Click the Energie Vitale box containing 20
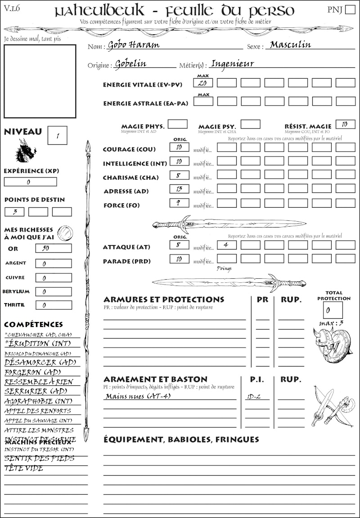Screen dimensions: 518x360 [x=203, y=83]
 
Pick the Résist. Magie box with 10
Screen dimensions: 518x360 [x=345, y=124]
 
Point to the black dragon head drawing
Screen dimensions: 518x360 [x=26, y=150]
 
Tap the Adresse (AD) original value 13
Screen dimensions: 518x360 [x=179, y=188]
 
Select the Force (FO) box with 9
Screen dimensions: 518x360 [x=179, y=203]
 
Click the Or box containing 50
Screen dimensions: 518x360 [x=53, y=248]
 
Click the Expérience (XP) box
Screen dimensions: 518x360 [x=30, y=182]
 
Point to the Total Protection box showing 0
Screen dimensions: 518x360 [x=333, y=310]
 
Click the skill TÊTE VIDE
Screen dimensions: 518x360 [x=24, y=468]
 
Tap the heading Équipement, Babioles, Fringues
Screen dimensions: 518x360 [x=181, y=439]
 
